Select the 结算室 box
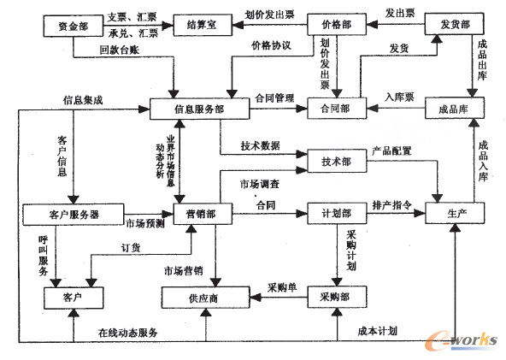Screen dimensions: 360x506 click(x=202, y=26)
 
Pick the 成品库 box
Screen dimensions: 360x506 click(x=454, y=108)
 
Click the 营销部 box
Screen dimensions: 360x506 click(x=201, y=212)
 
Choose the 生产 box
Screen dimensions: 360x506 click(x=454, y=212)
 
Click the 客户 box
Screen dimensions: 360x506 click(x=73, y=297)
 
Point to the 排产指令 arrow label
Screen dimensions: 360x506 click(x=392, y=205)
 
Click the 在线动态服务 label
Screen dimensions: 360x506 click(x=127, y=332)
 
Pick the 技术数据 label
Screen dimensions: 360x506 click(x=260, y=145)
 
